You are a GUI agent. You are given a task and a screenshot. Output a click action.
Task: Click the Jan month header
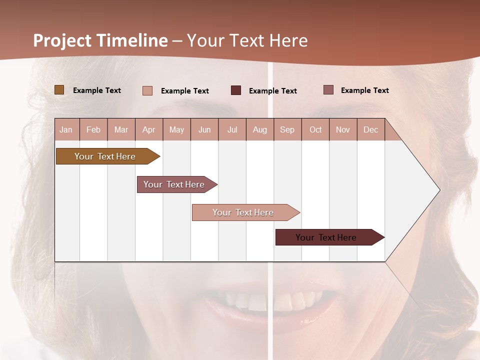pyautogui.click(x=66, y=129)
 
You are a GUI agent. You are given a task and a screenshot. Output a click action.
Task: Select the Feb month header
pyautogui.click(x=93, y=129)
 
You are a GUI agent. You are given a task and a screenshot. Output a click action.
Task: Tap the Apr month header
pyautogui.click(x=148, y=129)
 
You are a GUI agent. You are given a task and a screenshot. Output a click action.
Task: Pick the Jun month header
pyautogui.click(x=204, y=129)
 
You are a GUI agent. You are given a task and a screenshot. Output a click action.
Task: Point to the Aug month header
pyautogui.click(x=259, y=129)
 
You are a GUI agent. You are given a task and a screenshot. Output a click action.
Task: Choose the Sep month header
pyautogui.click(x=287, y=129)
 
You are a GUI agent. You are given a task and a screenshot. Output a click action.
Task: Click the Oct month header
pyautogui.click(x=315, y=129)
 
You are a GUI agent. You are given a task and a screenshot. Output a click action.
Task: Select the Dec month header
pyautogui.click(x=370, y=129)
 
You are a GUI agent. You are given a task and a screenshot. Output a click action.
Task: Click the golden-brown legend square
pyautogui.click(x=59, y=90)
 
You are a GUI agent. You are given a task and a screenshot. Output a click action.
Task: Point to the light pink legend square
pyautogui.click(x=147, y=90)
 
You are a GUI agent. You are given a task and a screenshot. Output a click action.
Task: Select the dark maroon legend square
pyautogui.click(x=236, y=90)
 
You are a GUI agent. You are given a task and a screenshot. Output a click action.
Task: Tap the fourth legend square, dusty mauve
pyautogui.click(x=328, y=90)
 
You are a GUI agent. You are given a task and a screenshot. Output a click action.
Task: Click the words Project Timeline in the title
pyautogui.click(x=100, y=40)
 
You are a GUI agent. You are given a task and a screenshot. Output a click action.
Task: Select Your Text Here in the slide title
pyautogui.click(x=247, y=40)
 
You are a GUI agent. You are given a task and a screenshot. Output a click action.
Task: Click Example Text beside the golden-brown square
pyautogui.click(x=97, y=90)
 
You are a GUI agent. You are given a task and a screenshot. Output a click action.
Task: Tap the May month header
pyautogui.click(x=176, y=129)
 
